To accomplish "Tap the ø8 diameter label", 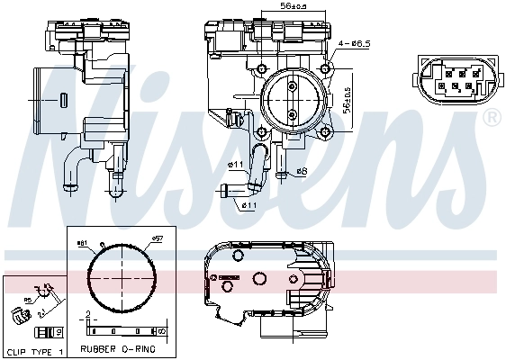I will coord(301,171).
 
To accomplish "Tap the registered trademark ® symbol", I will coord(492,118).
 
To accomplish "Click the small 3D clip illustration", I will coord(20,315).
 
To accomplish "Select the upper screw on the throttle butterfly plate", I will coord(294,85).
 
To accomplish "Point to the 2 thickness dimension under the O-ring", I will coord(86,316).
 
